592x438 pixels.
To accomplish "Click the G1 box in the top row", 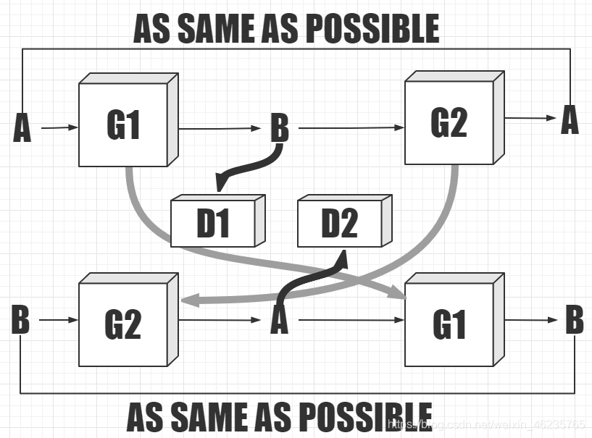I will (124, 125).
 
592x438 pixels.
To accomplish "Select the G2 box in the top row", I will (449, 123).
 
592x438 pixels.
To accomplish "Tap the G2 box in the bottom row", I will (124, 324).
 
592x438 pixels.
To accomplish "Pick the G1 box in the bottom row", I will (449, 324).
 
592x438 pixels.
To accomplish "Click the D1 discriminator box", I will (213, 224).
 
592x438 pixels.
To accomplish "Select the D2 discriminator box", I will (339, 223).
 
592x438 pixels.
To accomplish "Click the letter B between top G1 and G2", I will (279, 129).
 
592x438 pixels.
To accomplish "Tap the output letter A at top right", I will (570, 119).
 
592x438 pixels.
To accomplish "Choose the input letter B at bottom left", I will (20, 319).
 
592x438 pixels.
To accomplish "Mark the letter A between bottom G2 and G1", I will (279, 320).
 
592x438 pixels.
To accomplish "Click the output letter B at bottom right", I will (574, 319).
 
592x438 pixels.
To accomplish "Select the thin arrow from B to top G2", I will (351, 128).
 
